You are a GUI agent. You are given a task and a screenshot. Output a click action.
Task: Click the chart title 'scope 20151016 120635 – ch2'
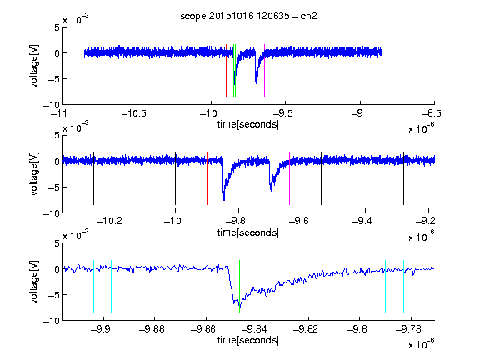[248, 16]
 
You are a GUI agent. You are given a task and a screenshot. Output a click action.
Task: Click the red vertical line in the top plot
[226, 70]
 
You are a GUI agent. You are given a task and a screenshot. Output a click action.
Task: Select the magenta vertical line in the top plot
[264, 70]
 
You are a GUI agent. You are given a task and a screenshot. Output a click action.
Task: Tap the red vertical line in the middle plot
[207, 178]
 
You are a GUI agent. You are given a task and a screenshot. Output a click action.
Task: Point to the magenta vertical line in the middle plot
[290, 178]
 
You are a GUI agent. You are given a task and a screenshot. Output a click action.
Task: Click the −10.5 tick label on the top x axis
[134, 114]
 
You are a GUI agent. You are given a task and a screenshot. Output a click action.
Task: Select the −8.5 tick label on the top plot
[432, 114]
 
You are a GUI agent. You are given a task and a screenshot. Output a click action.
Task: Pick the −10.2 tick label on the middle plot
[109, 221]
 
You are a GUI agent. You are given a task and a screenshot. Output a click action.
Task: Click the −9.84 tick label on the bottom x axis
[254, 329]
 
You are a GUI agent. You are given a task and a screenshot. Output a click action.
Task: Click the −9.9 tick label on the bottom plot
[101, 329]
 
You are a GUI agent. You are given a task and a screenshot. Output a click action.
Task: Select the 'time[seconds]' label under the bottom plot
[248, 340]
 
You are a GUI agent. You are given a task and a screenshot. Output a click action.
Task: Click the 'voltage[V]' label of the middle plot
[34, 173]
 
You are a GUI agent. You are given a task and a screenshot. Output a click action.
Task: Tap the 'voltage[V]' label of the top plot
[34, 67]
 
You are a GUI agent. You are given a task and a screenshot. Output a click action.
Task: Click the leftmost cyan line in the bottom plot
[93, 286]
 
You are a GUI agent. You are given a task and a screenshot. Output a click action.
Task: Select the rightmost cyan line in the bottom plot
[404, 286]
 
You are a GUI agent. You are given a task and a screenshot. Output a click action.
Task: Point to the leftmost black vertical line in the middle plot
[93, 178]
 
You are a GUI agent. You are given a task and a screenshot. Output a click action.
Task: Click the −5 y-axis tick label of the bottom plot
[54, 295]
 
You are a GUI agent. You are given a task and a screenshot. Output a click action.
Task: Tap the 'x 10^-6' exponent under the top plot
[422, 127]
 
